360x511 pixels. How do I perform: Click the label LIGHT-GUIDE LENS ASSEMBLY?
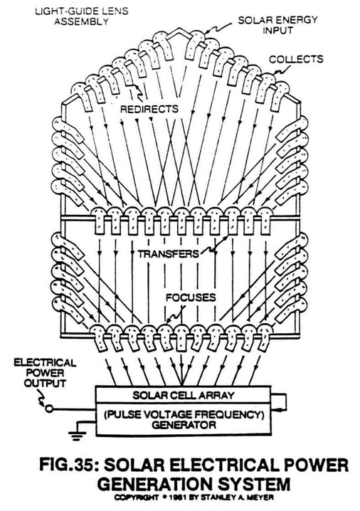(81, 16)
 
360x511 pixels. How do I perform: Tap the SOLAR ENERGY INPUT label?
(277, 25)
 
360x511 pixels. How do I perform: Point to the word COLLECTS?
(296, 59)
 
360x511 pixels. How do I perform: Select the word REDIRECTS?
(149, 108)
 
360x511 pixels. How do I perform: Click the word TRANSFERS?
(168, 253)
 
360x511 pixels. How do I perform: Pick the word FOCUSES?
(191, 297)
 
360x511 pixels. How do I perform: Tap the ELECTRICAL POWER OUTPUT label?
(45, 373)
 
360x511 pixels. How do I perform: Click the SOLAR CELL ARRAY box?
(183, 395)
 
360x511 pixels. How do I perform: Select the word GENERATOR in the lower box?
(184, 425)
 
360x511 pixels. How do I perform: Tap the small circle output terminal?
(49, 409)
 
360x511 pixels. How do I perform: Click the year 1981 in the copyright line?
(175, 497)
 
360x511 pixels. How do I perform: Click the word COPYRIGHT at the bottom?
(137, 497)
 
